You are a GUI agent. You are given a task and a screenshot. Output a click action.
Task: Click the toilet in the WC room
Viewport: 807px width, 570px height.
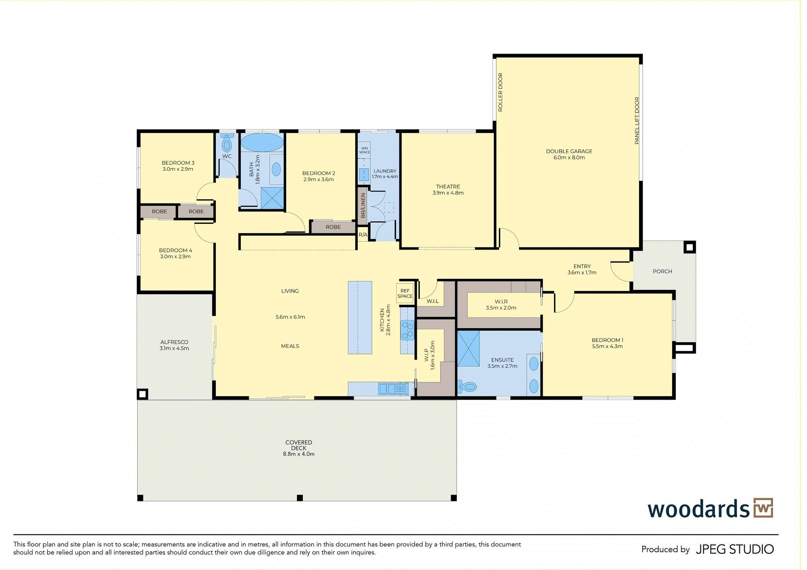click(227, 143)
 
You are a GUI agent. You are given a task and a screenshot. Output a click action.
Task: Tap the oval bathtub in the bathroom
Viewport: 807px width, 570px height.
click(262, 142)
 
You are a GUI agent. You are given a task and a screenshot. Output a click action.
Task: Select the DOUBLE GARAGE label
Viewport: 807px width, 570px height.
click(569, 151)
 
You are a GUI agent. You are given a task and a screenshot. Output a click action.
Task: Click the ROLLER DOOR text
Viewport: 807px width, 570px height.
click(500, 92)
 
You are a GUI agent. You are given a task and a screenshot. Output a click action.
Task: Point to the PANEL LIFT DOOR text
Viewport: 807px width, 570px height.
click(637, 120)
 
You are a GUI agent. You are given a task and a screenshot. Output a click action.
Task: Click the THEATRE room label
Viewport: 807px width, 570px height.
click(448, 187)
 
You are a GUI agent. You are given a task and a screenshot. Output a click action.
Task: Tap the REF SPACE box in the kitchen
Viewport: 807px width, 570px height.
click(405, 293)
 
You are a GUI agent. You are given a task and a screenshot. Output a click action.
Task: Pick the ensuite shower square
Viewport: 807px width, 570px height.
click(468, 349)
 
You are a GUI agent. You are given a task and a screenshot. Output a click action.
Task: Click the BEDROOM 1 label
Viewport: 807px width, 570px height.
click(607, 340)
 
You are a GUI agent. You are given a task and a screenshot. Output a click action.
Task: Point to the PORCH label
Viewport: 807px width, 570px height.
click(663, 271)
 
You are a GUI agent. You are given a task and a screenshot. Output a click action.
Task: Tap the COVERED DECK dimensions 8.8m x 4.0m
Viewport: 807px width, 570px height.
click(299, 454)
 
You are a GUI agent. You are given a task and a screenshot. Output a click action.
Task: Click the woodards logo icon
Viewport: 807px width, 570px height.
click(763, 508)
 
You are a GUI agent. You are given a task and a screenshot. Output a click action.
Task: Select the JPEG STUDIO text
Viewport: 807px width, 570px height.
click(735, 549)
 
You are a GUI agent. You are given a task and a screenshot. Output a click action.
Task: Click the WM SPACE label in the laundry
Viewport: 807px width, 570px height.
click(364, 150)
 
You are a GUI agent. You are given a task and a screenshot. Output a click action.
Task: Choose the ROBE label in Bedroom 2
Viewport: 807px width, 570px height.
click(333, 227)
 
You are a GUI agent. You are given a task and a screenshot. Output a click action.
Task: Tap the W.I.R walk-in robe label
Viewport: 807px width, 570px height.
click(501, 302)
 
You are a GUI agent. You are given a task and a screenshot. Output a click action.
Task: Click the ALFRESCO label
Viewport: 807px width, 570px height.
click(174, 342)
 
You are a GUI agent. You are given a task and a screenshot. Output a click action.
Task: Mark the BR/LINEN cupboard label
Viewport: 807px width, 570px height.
click(363, 205)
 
